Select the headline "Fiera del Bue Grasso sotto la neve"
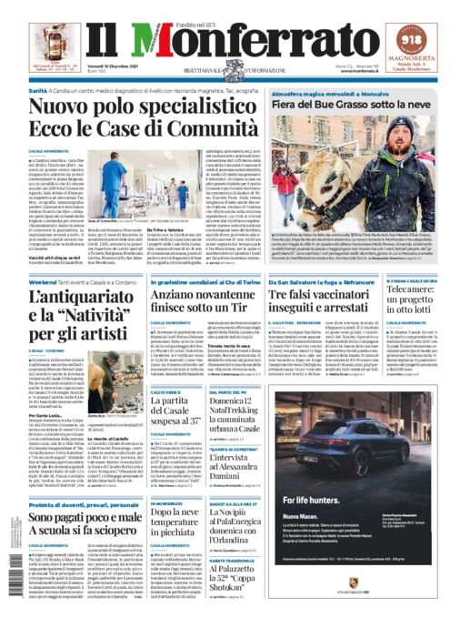click(345, 106)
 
